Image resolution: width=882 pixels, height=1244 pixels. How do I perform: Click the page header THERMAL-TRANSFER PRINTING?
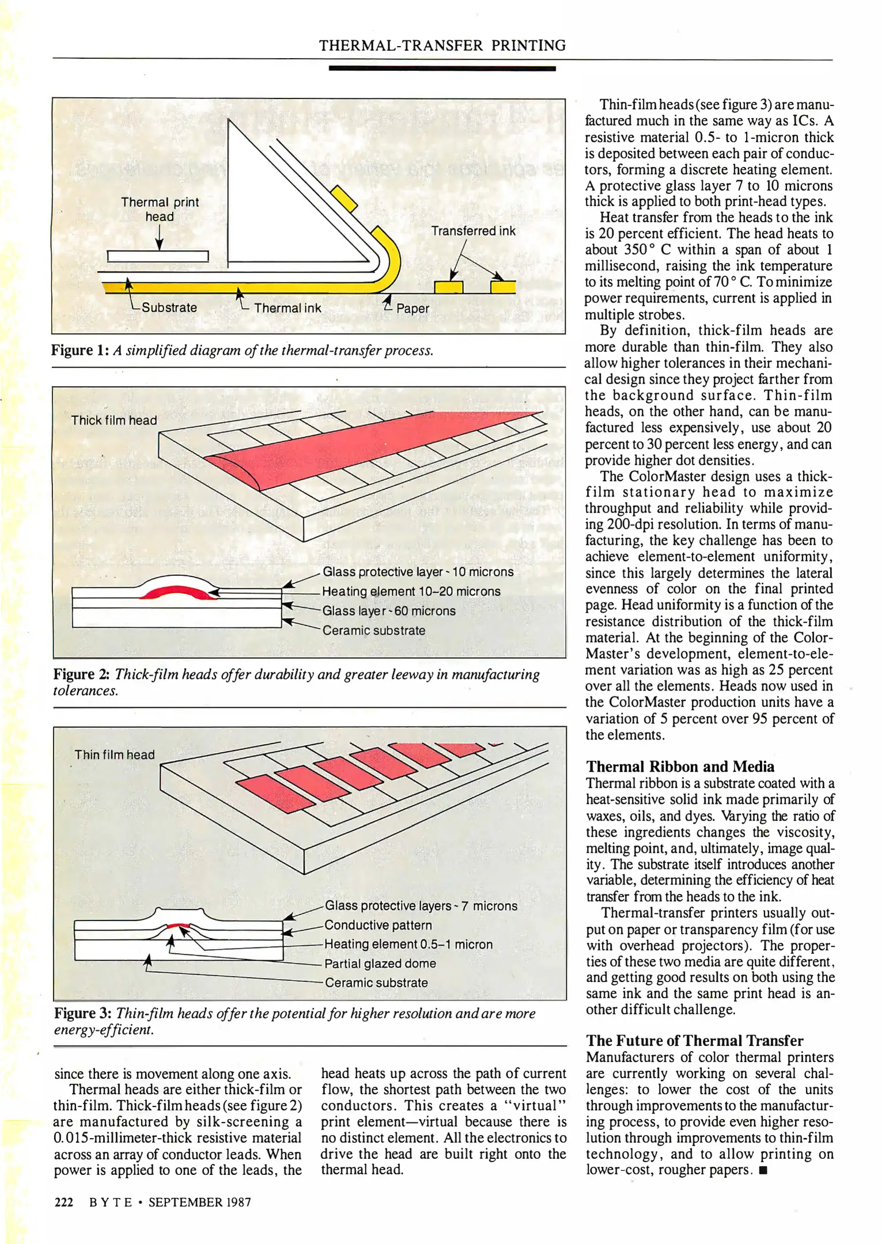(442, 45)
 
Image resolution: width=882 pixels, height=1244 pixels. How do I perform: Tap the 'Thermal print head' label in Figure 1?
(160, 209)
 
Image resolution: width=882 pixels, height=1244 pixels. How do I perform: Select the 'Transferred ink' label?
(473, 231)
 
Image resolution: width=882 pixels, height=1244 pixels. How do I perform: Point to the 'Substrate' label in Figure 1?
(169, 308)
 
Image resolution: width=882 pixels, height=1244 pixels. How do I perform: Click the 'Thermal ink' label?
(287, 308)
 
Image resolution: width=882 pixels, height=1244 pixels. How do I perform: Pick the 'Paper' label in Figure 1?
(412, 308)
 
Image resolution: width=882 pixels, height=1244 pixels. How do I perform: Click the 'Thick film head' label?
(114, 420)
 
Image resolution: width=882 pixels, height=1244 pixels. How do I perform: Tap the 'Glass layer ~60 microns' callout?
(388, 610)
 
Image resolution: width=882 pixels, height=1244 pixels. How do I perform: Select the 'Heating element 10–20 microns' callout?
(411, 591)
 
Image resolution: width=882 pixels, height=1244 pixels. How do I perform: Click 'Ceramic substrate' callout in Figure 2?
(373, 630)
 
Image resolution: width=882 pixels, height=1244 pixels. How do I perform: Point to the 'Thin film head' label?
(115, 754)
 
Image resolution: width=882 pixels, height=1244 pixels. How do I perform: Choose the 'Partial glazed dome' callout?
(380, 964)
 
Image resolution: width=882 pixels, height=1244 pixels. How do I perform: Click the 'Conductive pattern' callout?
(378, 925)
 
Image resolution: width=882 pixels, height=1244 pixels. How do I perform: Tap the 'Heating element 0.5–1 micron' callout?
(408, 944)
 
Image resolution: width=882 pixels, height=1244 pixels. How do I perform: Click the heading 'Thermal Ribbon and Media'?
(680, 767)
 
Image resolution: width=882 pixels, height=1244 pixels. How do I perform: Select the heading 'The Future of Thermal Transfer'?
(695, 1041)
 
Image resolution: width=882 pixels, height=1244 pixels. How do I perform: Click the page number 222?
(64, 1202)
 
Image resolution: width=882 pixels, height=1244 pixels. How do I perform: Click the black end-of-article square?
(763, 1170)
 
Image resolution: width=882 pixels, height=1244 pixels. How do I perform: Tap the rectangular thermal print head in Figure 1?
(158, 256)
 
